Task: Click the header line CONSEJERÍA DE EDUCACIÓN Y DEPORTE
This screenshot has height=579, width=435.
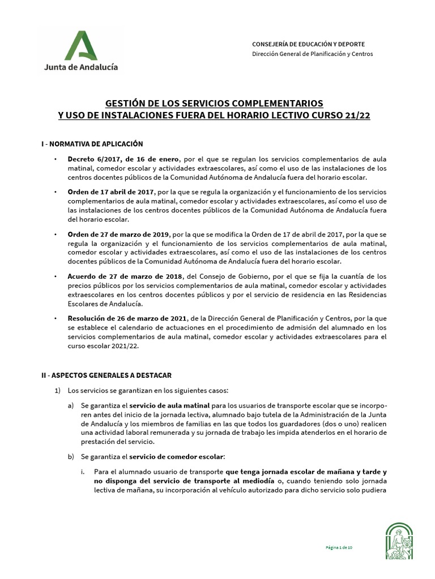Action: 308,44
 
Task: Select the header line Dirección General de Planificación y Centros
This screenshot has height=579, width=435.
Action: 312,54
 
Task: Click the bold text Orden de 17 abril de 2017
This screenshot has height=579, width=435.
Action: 110,192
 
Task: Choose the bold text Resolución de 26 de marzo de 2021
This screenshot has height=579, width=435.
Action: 129,318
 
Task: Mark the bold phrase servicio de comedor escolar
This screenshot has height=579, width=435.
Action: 177,456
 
